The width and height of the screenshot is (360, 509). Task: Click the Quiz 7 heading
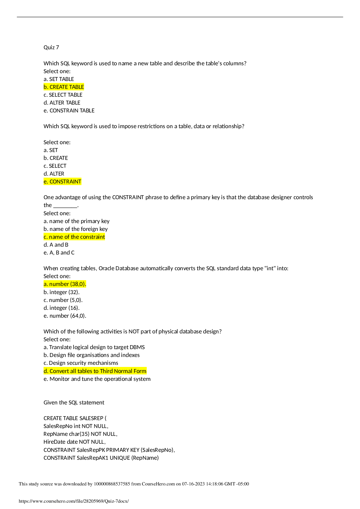51,47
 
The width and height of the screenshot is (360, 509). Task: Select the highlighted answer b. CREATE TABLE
64,87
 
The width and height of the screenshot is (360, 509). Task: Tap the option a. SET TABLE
59,79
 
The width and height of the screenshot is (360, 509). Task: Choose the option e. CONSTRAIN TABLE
69,110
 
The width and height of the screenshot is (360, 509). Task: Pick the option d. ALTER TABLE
62,103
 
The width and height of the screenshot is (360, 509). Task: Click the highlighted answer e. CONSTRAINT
62,182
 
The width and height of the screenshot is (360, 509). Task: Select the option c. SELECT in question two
55,166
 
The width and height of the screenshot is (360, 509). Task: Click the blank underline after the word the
65,207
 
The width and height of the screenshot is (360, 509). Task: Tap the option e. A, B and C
59,253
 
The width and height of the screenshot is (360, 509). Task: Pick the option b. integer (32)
61,292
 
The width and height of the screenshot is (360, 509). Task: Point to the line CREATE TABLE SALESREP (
75,418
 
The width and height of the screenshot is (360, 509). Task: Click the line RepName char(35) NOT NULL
80,434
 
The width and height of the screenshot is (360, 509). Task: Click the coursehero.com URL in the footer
74,501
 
